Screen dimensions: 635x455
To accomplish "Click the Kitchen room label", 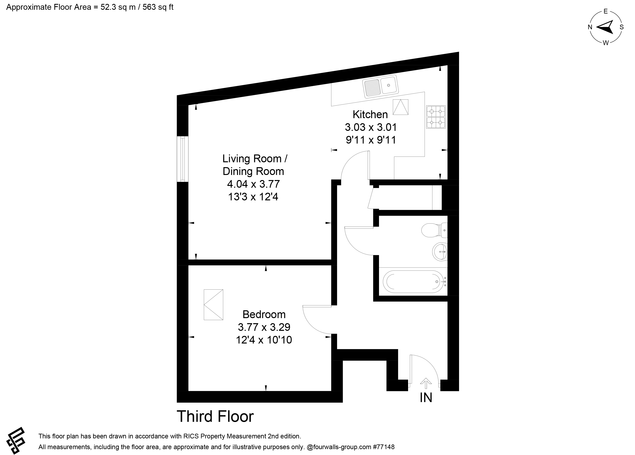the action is [370, 114].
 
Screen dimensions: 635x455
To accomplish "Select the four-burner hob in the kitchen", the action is [436, 117].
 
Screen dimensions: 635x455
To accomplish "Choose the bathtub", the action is [413, 282].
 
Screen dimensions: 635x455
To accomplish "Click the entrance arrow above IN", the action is [426, 384].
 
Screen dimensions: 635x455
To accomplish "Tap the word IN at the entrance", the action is [426, 398].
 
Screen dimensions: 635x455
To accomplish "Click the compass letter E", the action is [606, 12].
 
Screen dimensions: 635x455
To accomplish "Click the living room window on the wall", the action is [183, 159].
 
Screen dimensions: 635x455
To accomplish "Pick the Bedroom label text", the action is [264, 314].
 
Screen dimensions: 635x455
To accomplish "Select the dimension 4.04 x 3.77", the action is [253, 184].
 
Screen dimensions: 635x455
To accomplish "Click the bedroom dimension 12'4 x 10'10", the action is [264, 340].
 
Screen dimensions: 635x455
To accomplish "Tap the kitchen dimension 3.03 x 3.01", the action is [371, 127].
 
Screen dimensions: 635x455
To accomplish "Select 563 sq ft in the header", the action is [158, 7].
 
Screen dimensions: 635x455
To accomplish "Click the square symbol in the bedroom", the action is [213, 305].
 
